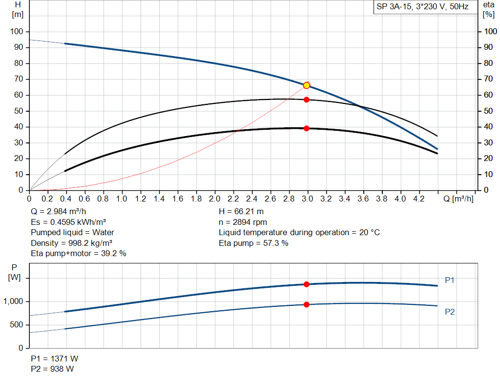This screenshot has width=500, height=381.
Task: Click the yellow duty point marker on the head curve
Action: [x=307, y=85]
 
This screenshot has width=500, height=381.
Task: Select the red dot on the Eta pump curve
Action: [x=307, y=100]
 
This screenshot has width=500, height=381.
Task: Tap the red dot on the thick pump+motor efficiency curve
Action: [x=307, y=128]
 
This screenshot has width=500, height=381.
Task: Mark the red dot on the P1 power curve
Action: [x=307, y=284]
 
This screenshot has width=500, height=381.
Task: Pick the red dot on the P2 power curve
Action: [x=307, y=304]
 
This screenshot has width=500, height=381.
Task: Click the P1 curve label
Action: [x=450, y=280]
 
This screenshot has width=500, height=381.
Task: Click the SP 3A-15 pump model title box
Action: [x=422, y=7]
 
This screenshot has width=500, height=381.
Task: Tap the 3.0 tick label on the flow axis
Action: [x=308, y=199]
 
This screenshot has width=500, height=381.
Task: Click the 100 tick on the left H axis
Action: [x=17, y=32]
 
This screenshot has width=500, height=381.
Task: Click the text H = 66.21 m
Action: [x=241, y=212]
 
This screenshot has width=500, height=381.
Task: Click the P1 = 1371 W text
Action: [x=52, y=359]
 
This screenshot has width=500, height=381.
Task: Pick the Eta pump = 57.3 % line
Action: [x=253, y=243]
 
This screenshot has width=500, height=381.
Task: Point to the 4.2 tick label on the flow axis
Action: [x=419, y=199]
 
